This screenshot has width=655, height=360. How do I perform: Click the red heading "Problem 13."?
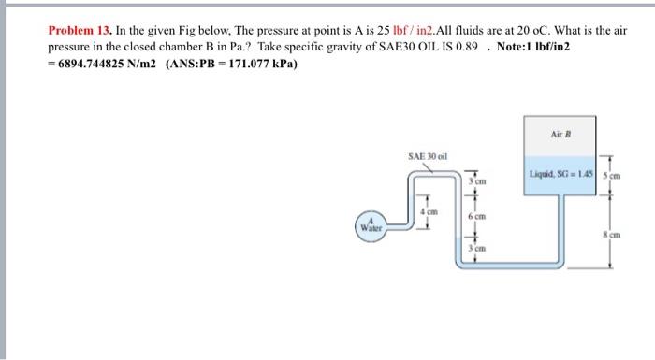[x=80, y=31]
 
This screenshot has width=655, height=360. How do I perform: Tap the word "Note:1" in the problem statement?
[x=516, y=47]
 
